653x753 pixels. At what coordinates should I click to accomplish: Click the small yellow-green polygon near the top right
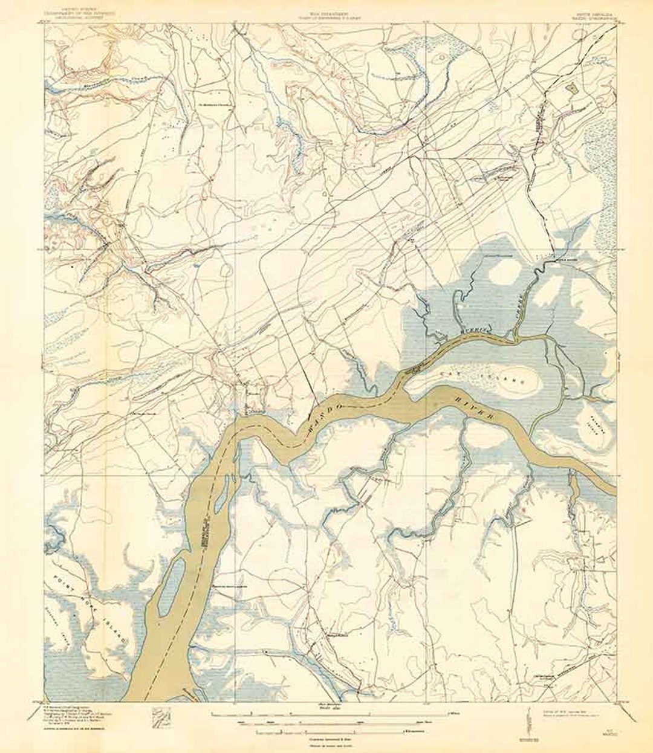(571, 88)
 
